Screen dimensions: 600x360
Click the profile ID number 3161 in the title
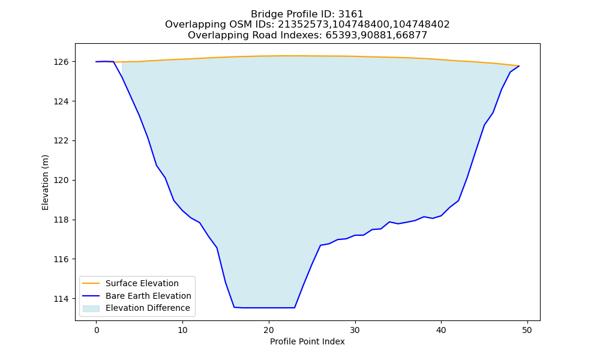(350, 14)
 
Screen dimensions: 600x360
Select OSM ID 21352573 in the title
(302, 25)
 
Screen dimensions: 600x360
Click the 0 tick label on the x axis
(97, 330)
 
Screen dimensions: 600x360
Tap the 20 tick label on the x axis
(269, 330)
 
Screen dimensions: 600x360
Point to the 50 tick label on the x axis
(527, 330)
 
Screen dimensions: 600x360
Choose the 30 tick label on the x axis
(355, 330)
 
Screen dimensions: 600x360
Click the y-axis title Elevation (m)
(45, 182)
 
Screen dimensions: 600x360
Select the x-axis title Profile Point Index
(307, 341)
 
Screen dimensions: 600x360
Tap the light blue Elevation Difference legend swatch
(91, 308)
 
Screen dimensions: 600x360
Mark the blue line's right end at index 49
(519, 66)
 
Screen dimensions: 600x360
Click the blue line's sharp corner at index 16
(234, 307)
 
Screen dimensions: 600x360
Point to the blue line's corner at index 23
(294, 308)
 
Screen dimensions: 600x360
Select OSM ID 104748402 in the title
(421, 25)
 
